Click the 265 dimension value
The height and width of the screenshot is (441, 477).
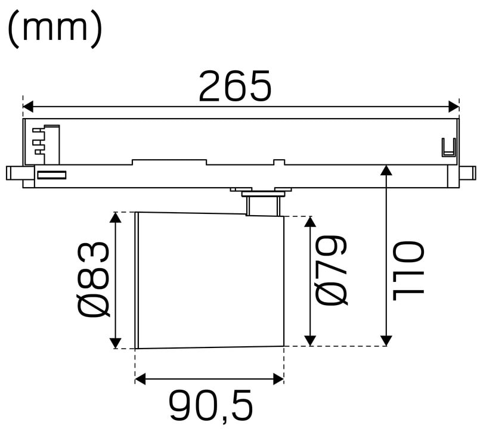click(x=234, y=86)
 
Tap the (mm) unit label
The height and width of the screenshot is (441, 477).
click(x=55, y=30)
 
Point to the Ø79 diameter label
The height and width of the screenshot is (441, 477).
click(x=331, y=271)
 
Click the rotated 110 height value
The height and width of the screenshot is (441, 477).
click(x=408, y=271)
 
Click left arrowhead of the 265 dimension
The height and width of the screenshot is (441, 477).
click(x=28, y=107)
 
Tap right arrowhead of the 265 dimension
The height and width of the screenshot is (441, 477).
click(x=454, y=107)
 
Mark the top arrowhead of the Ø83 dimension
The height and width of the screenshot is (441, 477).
click(x=115, y=218)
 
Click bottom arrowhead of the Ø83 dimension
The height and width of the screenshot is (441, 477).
click(x=115, y=343)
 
